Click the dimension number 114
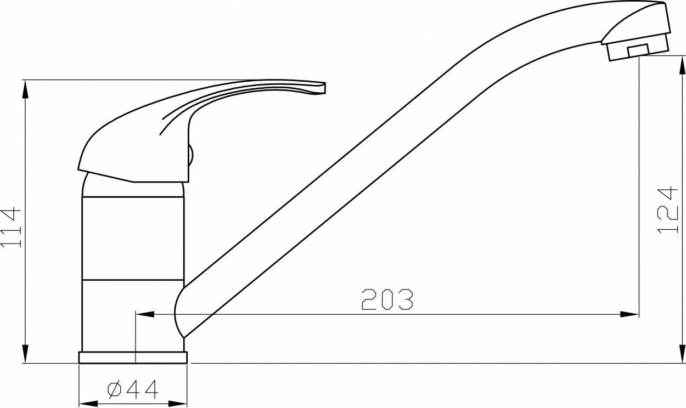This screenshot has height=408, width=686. tap(12, 228)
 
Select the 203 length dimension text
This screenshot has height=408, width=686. tap(387, 299)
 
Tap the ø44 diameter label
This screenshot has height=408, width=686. tap(133, 390)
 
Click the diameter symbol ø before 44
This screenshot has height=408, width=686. tap(115, 390)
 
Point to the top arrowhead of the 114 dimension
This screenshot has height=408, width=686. tap(26, 90)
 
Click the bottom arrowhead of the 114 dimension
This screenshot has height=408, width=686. tap(26, 354)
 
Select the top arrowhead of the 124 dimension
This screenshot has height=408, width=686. tap(682, 65)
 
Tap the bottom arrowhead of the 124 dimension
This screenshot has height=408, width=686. tap(682, 354)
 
